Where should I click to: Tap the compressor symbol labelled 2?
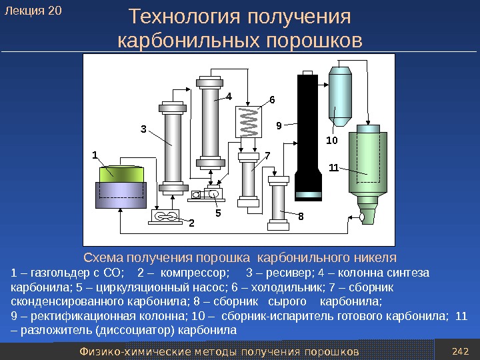point(165,216)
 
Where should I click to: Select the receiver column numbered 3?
point(173,147)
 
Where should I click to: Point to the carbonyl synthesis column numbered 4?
point(210,123)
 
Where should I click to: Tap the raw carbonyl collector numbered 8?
point(278,200)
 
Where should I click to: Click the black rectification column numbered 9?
point(307,133)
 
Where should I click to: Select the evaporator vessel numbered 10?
point(342,93)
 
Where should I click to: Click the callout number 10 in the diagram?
point(331,141)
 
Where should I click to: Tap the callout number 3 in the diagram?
point(142,129)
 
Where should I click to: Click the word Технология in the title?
point(180,16)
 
